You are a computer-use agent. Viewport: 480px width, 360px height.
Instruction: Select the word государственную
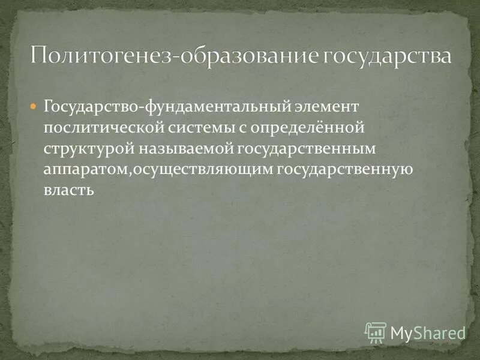pos(344,170)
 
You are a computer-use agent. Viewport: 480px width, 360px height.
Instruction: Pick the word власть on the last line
pos(69,191)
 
